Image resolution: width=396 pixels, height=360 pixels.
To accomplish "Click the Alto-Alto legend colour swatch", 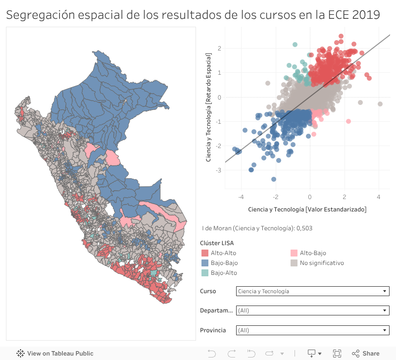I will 204,253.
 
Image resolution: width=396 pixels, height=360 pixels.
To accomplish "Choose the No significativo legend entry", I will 321,263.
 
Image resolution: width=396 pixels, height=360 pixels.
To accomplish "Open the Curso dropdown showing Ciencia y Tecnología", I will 312,291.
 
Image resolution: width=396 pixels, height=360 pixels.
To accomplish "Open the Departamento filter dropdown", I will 312,310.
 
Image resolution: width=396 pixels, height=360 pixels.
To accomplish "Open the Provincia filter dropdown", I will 312,330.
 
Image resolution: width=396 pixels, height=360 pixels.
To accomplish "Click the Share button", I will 366,354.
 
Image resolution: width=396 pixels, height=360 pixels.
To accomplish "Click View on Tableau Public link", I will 55,354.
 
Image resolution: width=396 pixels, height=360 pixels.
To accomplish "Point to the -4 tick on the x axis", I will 241,197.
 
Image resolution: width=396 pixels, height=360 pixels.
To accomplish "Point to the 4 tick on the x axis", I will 379,197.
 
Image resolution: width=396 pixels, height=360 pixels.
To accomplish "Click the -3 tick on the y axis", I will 219,170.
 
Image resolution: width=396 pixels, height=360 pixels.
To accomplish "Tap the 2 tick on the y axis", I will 219,49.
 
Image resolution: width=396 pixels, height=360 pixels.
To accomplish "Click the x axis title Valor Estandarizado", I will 307,209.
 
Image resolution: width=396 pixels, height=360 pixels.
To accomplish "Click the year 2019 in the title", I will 366,15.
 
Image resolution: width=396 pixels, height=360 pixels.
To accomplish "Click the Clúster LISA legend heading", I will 217,243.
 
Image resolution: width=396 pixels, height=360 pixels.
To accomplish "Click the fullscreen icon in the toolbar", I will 337,354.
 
